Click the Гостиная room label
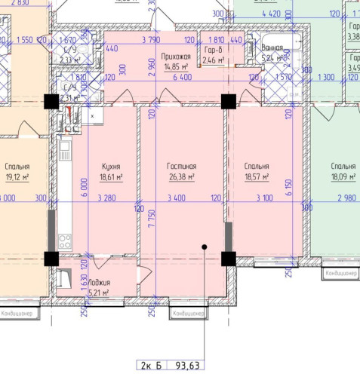(x=181, y=167)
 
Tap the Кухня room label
(x=111, y=167)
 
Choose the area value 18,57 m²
(x=257, y=178)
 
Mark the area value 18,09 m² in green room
(x=343, y=178)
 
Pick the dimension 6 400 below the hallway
(x=182, y=77)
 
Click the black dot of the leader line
(x=204, y=247)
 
